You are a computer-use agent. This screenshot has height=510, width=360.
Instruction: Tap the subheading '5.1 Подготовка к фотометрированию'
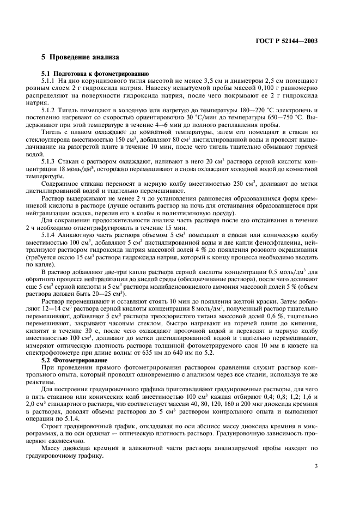(95, 73)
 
